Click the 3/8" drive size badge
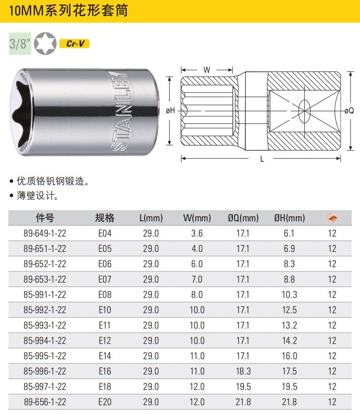click(20, 44)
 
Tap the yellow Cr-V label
click(75, 43)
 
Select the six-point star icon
click(45, 43)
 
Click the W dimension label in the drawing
click(207, 70)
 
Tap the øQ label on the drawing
click(349, 111)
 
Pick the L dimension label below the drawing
click(262, 159)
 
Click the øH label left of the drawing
click(171, 110)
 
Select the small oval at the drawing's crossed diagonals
click(304, 111)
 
